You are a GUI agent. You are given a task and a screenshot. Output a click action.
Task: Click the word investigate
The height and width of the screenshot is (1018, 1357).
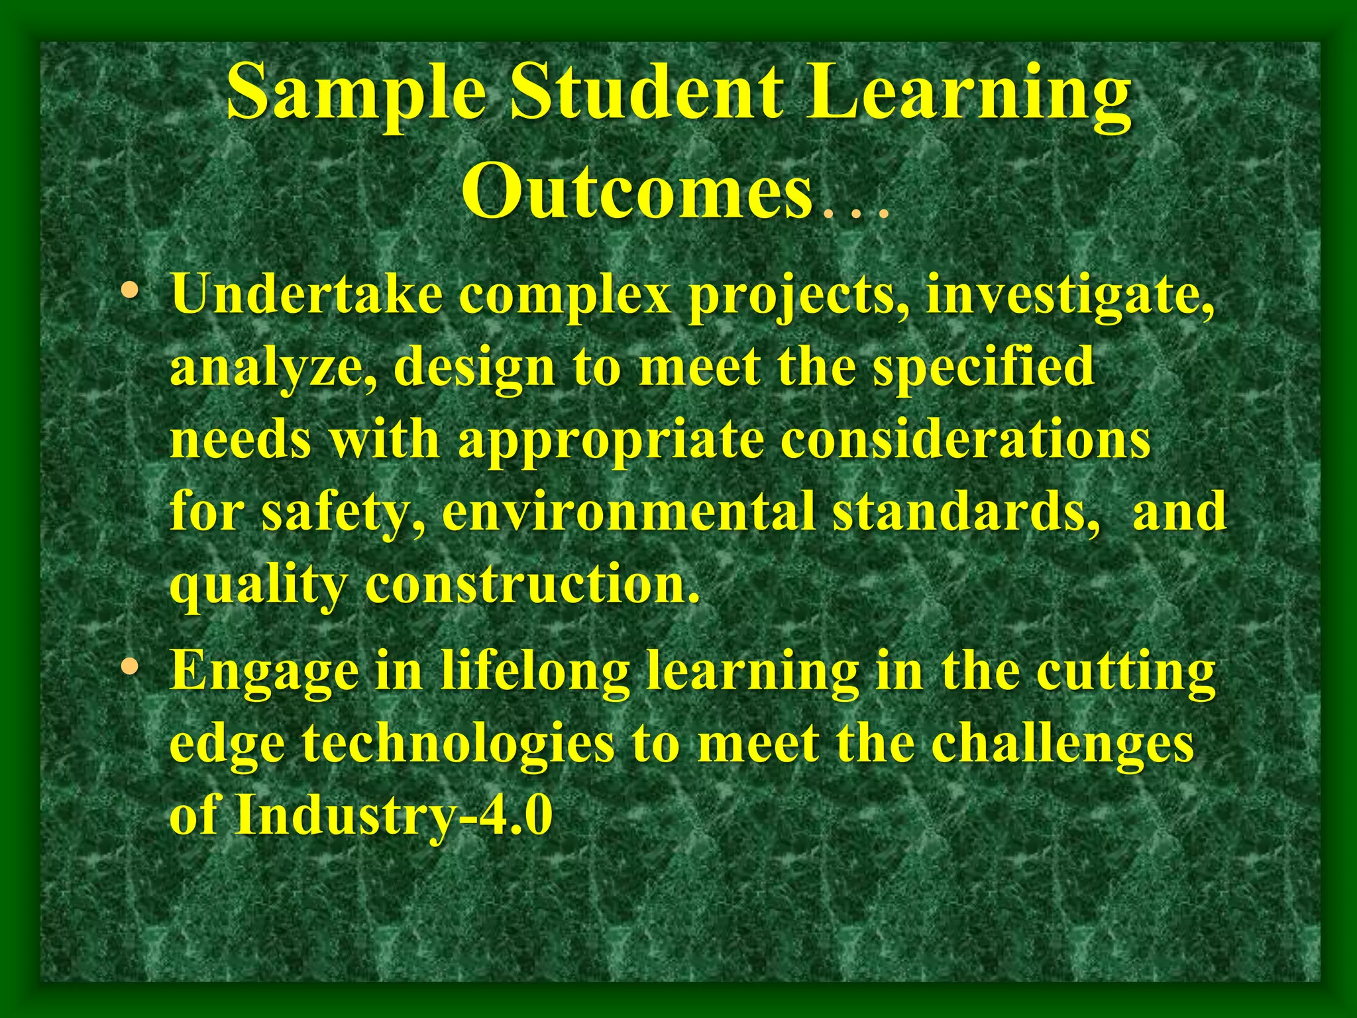click(x=1069, y=296)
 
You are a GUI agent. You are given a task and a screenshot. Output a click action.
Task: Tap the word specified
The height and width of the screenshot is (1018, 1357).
click(x=983, y=368)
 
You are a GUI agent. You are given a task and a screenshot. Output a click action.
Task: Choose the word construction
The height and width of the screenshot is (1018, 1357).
click(x=532, y=585)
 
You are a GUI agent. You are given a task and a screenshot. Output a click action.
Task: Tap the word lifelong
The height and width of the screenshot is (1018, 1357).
click(x=535, y=672)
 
